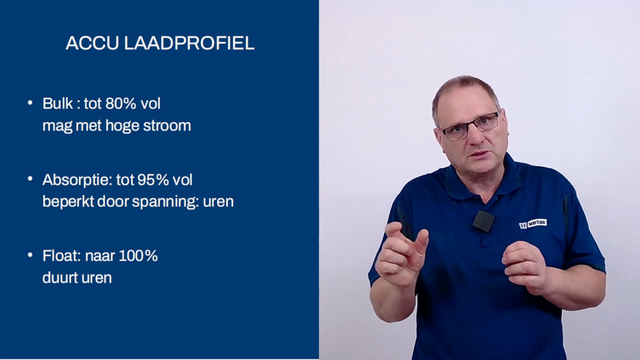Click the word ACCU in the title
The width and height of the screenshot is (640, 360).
tap(92, 43)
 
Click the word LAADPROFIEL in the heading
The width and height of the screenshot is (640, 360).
tap(189, 43)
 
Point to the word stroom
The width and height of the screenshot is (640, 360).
tap(167, 126)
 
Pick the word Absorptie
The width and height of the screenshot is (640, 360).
tap(77, 180)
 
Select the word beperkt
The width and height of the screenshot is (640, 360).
tap(68, 202)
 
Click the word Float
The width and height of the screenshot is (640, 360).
tap(62, 256)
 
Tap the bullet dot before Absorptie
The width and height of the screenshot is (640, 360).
tap(30, 179)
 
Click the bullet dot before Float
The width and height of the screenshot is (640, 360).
tap(30, 255)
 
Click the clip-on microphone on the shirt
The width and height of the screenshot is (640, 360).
tap(484, 220)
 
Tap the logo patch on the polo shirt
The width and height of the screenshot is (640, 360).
tap(532, 224)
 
